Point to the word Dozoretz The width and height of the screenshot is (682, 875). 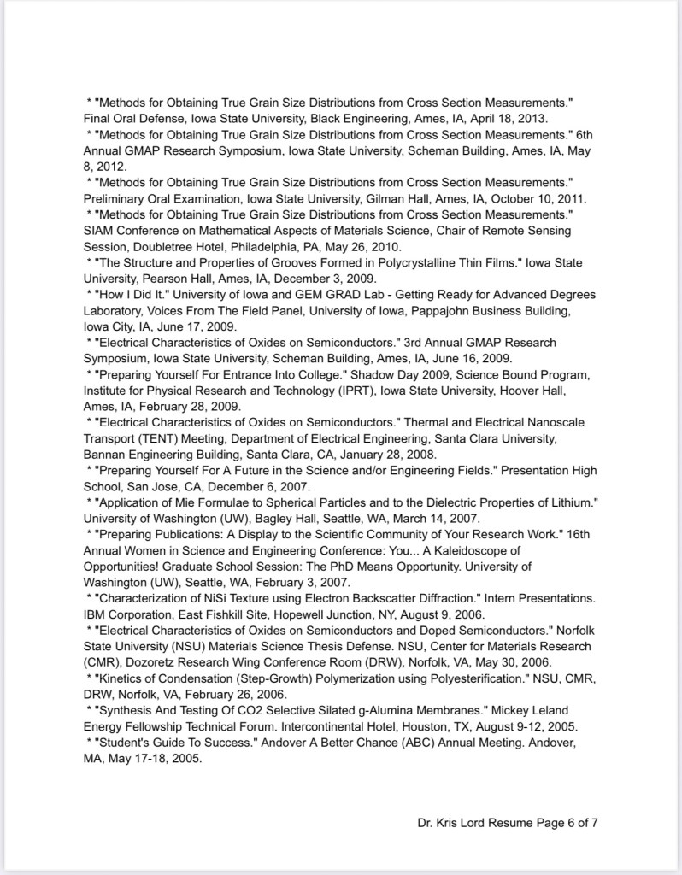(x=144, y=662)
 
